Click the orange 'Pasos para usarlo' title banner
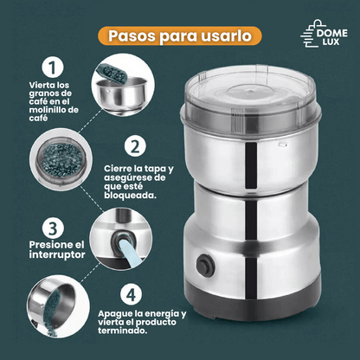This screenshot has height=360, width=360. pyautogui.click(x=180, y=36)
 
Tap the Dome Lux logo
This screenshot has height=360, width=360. pyautogui.click(x=324, y=34)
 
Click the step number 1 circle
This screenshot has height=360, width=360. pyautogui.click(x=53, y=67)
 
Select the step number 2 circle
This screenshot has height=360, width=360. pyautogui.click(x=135, y=146)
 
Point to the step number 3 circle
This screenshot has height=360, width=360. pyautogui.click(x=53, y=228)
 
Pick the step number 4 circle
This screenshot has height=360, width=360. pyautogui.click(x=131, y=294)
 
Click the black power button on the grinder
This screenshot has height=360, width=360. pyautogui.click(x=206, y=265)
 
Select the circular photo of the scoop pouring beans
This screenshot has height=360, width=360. pyautogui.click(x=123, y=86)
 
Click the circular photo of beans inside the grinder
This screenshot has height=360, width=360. pyautogui.click(x=61, y=159)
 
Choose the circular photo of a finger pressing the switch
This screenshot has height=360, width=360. pyautogui.click(x=121, y=240)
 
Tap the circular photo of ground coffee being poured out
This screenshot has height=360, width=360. pyautogui.click(x=59, y=306)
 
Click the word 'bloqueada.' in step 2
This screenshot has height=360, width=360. pyautogui.click(x=131, y=196)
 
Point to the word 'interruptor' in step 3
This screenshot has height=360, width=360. pyautogui.click(x=57, y=254)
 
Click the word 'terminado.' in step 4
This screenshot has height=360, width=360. pyautogui.click(x=123, y=331)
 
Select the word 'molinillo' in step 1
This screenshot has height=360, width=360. pyautogui.click(x=46, y=110)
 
